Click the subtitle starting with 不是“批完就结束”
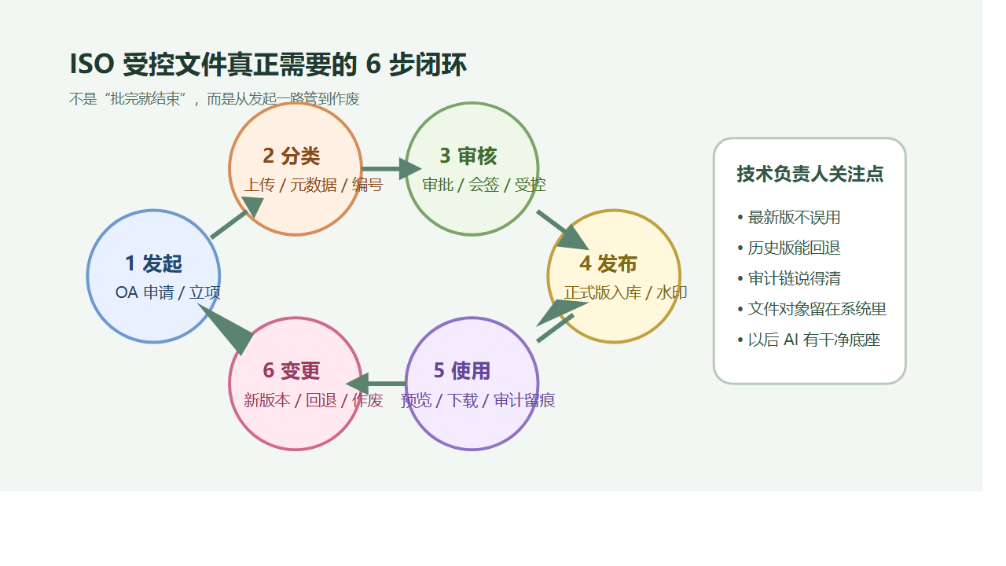click(214, 99)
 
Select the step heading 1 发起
click(153, 264)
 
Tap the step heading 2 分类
click(292, 156)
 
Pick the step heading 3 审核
click(468, 156)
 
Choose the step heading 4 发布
click(608, 264)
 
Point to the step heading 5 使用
click(462, 371)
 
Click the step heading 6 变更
click(292, 371)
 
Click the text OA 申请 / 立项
click(167, 293)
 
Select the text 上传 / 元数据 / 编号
click(313, 186)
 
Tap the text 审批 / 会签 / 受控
click(484, 186)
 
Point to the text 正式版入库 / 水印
click(626, 293)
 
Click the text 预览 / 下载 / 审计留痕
click(478, 401)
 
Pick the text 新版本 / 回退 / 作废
click(313, 401)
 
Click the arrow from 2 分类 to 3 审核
click(391, 169)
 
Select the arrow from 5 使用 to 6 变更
click(376, 384)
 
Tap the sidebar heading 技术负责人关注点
click(810, 175)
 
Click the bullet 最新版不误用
click(794, 218)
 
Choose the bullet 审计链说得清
click(794, 279)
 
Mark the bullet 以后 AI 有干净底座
click(813, 340)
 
